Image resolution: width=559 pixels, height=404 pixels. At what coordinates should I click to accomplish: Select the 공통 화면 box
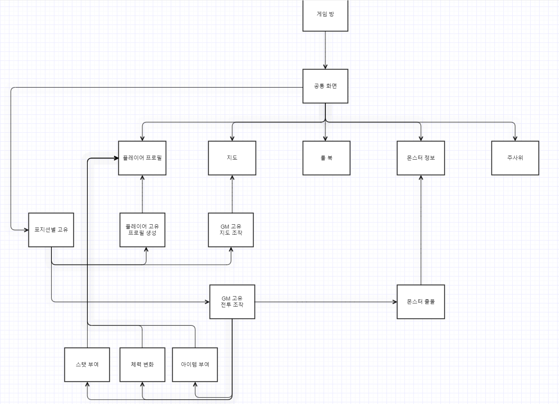click(x=325, y=86)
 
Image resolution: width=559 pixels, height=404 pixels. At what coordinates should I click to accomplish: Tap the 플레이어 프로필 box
click(x=142, y=158)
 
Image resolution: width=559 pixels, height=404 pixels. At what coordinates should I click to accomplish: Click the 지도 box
click(x=232, y=158)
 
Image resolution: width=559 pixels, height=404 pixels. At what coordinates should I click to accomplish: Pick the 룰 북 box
click(x=326, y=158)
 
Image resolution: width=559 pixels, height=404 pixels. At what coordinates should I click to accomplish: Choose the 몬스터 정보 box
click(x=421, y=158)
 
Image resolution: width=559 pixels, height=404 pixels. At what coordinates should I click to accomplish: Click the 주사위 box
click(x=515, y=158)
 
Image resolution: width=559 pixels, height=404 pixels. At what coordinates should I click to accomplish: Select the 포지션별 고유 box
click(x=51, y=230)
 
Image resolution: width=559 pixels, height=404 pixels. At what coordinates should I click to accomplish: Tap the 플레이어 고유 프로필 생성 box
click(x=142, y=230)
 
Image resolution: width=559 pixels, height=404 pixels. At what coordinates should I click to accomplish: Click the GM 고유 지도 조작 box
click(x=231, y=230)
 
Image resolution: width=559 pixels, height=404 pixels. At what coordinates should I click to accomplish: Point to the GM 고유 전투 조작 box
click(x=232, y=302)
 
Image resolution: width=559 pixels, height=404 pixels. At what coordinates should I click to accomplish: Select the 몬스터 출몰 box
click(x=421, y=302)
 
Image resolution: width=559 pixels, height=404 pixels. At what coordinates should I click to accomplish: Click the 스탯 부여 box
click(x=87, y=364)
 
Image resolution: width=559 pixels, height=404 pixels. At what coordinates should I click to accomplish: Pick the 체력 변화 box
click(x=142, y=364)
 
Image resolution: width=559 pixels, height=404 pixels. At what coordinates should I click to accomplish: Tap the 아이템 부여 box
click(x=195, y=364)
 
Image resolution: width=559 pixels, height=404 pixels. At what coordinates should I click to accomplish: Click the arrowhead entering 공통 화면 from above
click(x=325, y=66)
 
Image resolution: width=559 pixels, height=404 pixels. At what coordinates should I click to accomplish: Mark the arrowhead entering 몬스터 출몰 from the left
click(x=394, y=302)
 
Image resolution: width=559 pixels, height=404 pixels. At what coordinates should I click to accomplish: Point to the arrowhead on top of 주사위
click(x=515, y=138)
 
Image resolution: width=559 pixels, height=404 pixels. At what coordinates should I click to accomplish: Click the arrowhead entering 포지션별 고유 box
click(x=26, y=230)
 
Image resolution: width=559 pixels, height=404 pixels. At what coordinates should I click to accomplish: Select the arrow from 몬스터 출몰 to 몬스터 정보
click(x=421, y=230)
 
